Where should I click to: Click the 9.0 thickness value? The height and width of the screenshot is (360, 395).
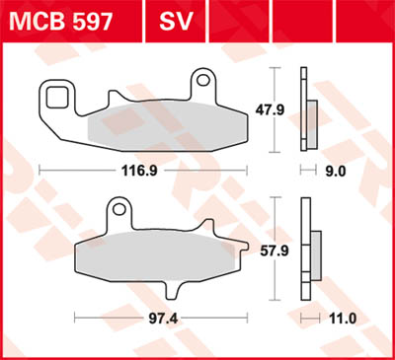[335, 171]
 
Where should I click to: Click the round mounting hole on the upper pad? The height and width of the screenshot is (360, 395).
[204, 77]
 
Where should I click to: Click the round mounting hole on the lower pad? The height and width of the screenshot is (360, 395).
[118, 208]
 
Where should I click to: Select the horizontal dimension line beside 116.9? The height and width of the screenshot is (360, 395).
[79, 171]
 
